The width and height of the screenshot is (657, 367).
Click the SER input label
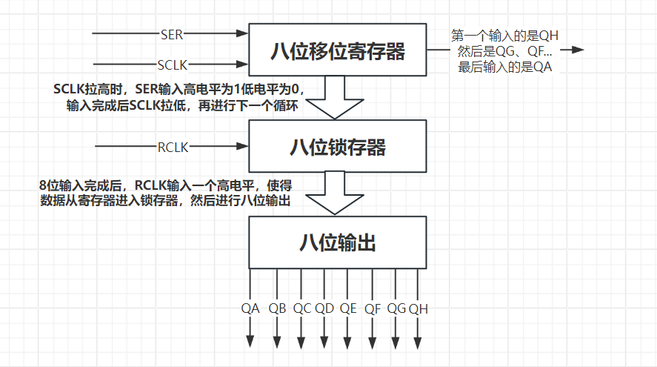coord(172,34)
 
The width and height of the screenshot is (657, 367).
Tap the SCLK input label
coord(172,65)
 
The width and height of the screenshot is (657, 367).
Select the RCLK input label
coord(173,148)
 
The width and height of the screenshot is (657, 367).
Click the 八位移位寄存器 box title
coord(338,51)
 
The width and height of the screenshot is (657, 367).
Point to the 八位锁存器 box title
coord(338,148)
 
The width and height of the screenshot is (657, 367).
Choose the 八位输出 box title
coord(338,243)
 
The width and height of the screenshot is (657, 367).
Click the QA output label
coord(250,308)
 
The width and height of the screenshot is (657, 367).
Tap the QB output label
coord(277,308)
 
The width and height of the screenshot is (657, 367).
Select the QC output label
coord(302,308)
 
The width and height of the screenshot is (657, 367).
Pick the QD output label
coord(324,308)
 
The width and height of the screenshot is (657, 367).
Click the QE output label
coord(348,308)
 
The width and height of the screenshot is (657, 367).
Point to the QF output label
coord(373,309)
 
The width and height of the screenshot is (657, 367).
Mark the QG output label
coord(396,308)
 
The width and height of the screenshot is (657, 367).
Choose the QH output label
coord(418,309)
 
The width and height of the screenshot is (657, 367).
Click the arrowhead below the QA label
coord(250,342)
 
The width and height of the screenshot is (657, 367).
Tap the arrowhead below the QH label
coord(417,343)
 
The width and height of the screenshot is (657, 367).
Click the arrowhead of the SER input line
coord(243,33)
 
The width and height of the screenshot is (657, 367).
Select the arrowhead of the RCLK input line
coord(243,146)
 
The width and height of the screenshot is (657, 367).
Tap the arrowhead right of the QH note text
coord(578,50)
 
